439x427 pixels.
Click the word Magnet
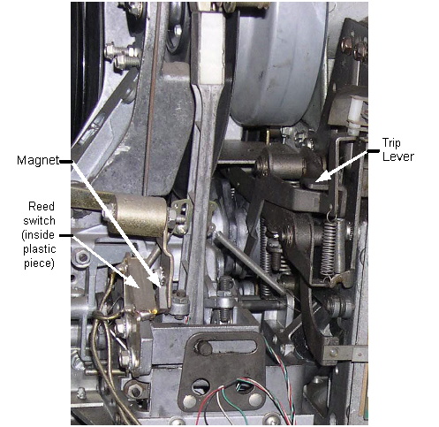click(x=38, y=161)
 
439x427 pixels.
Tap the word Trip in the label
click(x=391, y=143)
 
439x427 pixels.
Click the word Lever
click(x=398, y=156)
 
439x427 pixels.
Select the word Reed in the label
click(x=42, y=206)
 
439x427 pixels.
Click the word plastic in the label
click(x=40, y=249)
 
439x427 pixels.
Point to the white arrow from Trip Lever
click(x=342, y=166)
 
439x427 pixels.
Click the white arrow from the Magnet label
click(x=117, y=224)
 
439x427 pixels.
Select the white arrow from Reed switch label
click(x=105, y=261)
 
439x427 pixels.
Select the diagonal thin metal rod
click(x=250, y=263)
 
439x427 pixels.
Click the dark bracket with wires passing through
click(x=223, y=371)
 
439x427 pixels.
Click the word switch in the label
click(x=39, y=221)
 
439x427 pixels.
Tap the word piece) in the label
click(x=39, y=263)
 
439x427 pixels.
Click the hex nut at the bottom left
click(x=135, y=391)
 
